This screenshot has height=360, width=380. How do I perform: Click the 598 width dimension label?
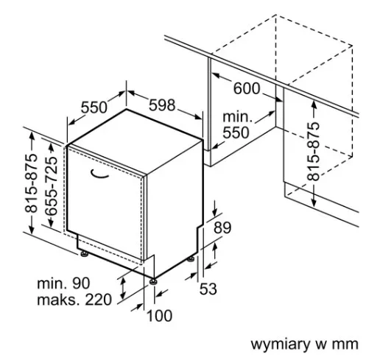pyautogui.click(x=162, y=105)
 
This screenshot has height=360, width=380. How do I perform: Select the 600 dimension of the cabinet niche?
pyautogui.click(x=246, y=88)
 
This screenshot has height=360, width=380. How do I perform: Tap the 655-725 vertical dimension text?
pyautogui.click(x=52, y=186)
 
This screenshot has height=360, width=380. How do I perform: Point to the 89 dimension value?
pyautogui.click(x=222, y=227)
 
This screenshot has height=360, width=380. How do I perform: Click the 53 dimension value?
pyautogui.click(x=208, y=289)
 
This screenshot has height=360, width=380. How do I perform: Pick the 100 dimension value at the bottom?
pyautogui.click(x=160, y=316)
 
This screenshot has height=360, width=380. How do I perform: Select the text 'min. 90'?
pyautogui.click(x=63, y=283)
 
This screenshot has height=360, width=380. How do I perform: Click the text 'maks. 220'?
pyautogui.click(x=74, y=300)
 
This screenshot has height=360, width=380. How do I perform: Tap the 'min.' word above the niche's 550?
pyautogui.click(x=237, y=117)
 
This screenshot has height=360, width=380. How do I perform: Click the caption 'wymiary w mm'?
pyautogui.click(x=304, y=344)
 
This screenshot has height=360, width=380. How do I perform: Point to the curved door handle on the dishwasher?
pyautogui.click(x=99, y=174)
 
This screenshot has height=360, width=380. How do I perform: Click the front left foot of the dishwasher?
pyautogui.click(x=85, y=253)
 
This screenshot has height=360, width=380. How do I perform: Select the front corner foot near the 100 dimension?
pyautogui.click(x=154, y=281)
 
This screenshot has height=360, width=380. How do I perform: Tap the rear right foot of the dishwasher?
pyautogui.click(x=191, y=259)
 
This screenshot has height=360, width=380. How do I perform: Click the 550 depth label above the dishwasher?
pyautogui.click(x=94, y=107)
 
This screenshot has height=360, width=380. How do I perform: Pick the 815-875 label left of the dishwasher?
pyautogui.click(x=32, y=183)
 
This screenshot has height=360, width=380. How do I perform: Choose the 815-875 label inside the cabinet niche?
pyautogui.click(x=314, y=152)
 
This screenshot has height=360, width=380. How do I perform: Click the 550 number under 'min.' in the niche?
pyautogui.click(x=236, y=133)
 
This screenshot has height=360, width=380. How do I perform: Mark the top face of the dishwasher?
pyautogui.click(x=135, y=141)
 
